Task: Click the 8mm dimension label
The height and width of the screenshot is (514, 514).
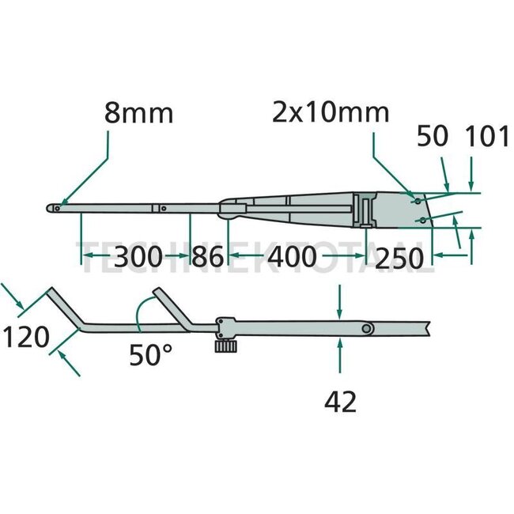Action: coord(138,113)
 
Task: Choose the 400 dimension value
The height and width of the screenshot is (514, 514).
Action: coord(293,256)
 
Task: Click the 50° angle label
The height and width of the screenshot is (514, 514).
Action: coord(150,356)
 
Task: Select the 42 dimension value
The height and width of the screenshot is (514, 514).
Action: coord(340,403)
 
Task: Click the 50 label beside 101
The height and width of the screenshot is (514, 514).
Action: coord(431,137)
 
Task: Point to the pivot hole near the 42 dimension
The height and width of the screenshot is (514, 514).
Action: coord(367,328)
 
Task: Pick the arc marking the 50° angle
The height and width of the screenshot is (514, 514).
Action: coord(138,316)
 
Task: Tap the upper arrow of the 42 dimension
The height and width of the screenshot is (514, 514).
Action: coord(339,312)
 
